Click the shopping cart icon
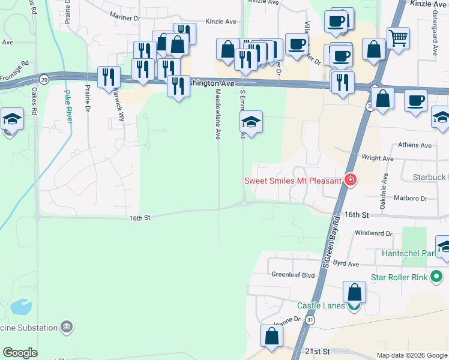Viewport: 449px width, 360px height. tap(399, 38)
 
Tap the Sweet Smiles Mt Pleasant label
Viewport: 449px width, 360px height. tap(292, 180)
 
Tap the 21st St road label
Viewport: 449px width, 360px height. tap(318, 350)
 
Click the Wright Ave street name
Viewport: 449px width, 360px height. tap(378, 158)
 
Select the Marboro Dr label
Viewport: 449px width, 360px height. tap(410, 198)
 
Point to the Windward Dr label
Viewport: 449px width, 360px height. tap(373, 233)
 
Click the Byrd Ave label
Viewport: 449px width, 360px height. tap(345, 263)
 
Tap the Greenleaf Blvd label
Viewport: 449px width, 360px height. tap(293, 275)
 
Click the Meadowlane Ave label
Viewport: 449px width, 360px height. tap(218, 114)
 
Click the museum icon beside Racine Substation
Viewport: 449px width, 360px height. tap(66, 327)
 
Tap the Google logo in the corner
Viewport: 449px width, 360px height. tap(20, 353)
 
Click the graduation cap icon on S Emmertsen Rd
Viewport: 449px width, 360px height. tap(251, 123)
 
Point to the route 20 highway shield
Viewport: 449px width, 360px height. tap(44, 79)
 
